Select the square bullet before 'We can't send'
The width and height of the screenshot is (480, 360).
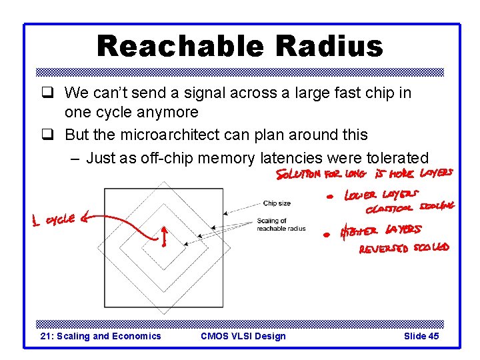point(47,93)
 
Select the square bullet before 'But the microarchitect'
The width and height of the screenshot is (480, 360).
point(47,134)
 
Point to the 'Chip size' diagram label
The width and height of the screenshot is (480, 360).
point(277,203)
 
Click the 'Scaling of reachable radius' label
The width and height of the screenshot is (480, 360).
point(281,225)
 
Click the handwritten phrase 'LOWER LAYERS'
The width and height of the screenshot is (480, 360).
point(381,195)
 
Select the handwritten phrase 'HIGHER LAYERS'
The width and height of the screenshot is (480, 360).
point(381,231)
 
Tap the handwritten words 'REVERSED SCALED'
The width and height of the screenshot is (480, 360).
point(404,248)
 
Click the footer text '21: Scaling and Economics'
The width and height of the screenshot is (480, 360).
point(101,336)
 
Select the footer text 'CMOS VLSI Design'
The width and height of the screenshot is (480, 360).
point(243,336)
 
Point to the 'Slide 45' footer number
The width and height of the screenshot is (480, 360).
point(421,336)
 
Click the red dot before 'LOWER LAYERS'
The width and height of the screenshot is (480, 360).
point(329,197)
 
